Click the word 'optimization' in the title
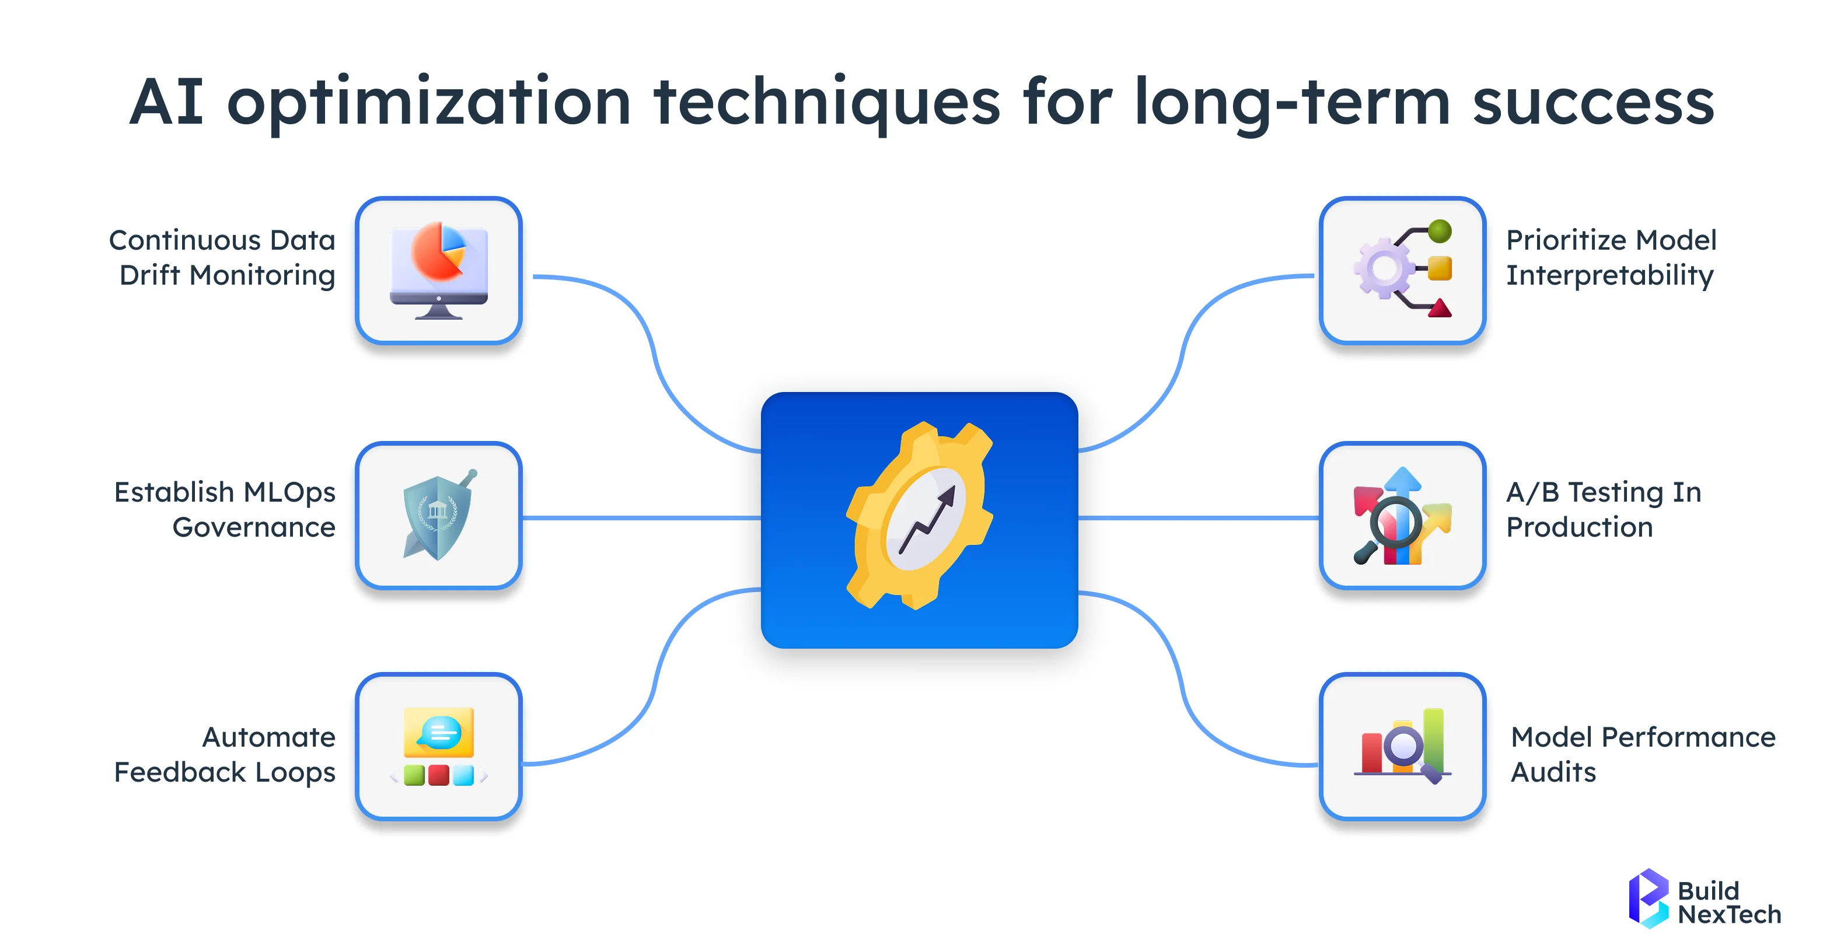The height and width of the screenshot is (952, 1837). point(428,103)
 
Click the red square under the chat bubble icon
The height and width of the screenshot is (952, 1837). point(439,775)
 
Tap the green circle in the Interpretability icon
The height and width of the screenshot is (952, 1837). point(1440,231)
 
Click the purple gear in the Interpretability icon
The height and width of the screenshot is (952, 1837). point(1384,269)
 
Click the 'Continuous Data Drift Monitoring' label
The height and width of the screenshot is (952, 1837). point(222,257)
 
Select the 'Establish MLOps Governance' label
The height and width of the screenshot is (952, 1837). point(225,509)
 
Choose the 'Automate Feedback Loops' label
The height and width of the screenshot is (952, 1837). point(225,754)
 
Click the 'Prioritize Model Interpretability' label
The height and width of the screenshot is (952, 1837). point(1610,257)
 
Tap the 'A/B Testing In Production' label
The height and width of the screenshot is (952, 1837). point(1603,509)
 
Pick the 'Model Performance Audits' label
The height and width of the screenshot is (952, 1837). point(1642,754)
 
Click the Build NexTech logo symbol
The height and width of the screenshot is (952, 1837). point(1648,898)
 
